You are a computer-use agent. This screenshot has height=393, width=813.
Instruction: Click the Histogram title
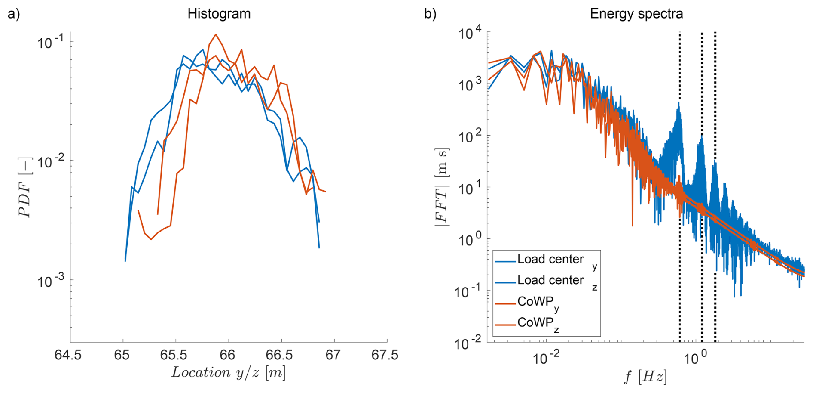pyautogui.click(x=219, y=14)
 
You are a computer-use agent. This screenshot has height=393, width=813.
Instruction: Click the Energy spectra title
pyautogui.click(x=636, y=14)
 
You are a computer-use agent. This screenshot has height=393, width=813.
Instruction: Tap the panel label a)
pyautogui.click(x=14, y=14)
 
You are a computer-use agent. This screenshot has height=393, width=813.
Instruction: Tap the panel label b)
pyautogui.click(x=430, y=14)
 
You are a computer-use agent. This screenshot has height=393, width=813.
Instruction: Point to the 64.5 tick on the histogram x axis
pyautogui.click(x=70, y=356)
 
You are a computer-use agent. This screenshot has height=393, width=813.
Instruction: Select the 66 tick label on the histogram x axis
pyautogui.click(x=228, y=356)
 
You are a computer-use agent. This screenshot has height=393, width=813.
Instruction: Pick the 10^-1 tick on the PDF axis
pyautogui.click(x=51, y=42)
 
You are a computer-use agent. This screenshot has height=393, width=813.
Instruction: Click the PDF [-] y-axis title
pyautogui.click(x=25, y=187)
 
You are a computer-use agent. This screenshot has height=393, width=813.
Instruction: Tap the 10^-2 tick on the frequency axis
pyautogui.click(x=546, y=358)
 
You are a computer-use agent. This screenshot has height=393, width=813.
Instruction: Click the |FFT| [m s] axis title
pyautogui.click(x=442, y=187)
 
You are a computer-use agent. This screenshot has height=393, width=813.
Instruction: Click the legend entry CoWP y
pyautogui.click(x=537, y=302)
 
